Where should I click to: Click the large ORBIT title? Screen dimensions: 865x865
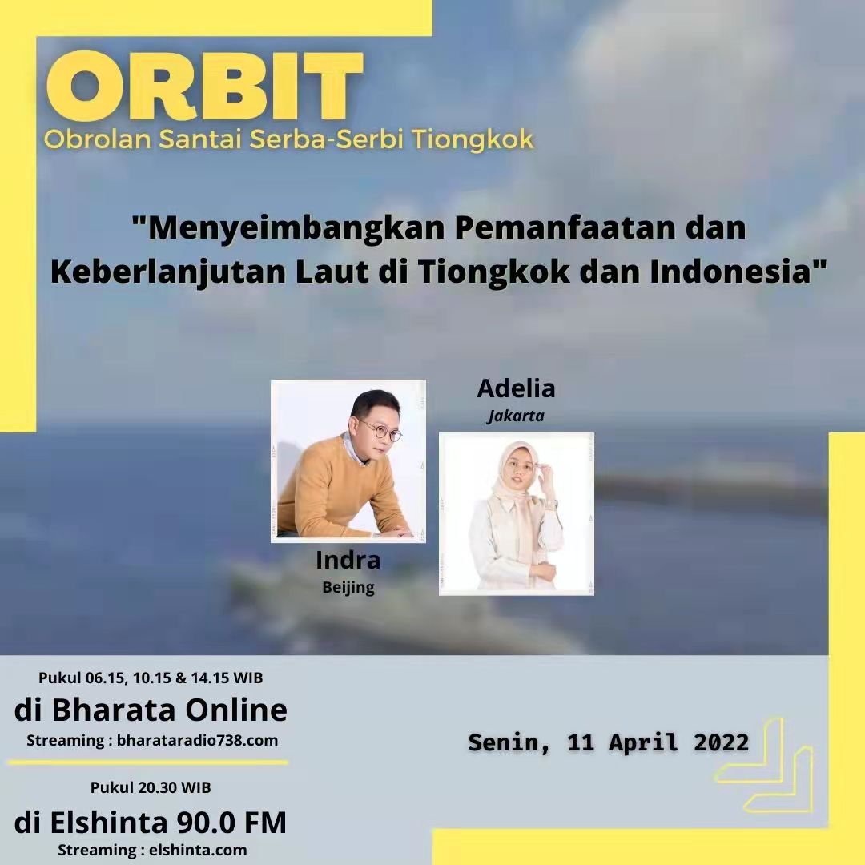[x=205, y=86]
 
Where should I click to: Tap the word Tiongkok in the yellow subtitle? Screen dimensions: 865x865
[x=473, y=139]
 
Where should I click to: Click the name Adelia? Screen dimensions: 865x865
[x=516, y=388]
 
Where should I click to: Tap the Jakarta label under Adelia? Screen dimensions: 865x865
[x=516, y=416]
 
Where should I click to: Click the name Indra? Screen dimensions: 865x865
[x=348, y=560]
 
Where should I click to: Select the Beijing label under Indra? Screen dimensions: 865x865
[x=348, y=588]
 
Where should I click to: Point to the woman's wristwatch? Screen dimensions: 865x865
[x=553, y=503]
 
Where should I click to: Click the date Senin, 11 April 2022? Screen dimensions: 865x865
[x=609, y=742]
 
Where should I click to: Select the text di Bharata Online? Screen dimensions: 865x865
[x=151, y=710]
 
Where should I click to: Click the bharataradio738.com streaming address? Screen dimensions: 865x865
[x=197, y=740]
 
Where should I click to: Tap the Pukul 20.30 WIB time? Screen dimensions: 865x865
[x=151, y=787]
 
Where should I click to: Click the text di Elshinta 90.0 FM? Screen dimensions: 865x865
[x=150, y=822]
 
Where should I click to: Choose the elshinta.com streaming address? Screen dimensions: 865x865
[x=198, y=850]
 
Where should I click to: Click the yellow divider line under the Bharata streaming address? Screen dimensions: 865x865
[x=148, y=763]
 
